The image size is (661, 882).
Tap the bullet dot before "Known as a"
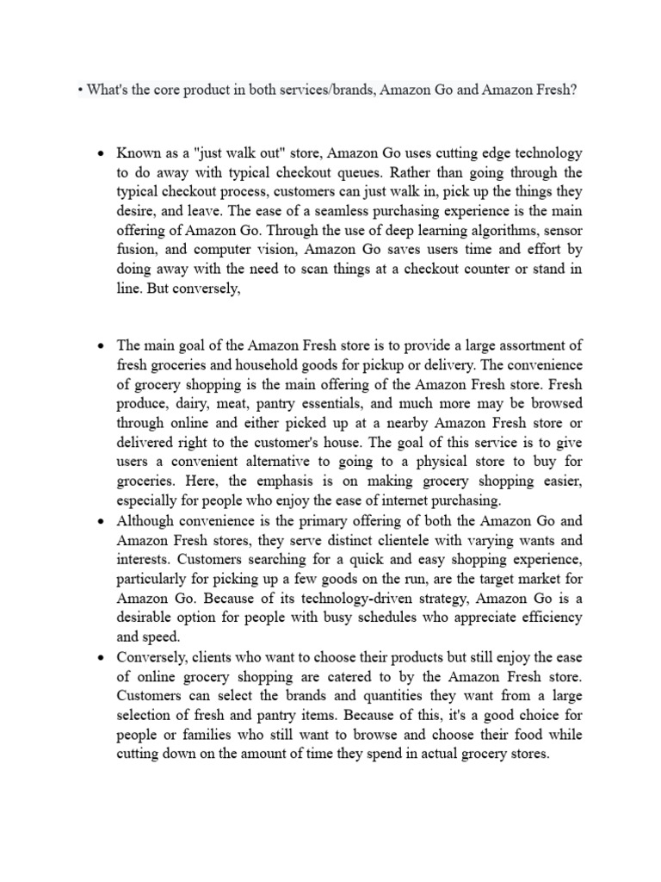point(101,154)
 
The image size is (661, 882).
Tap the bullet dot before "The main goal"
point(101,346)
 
